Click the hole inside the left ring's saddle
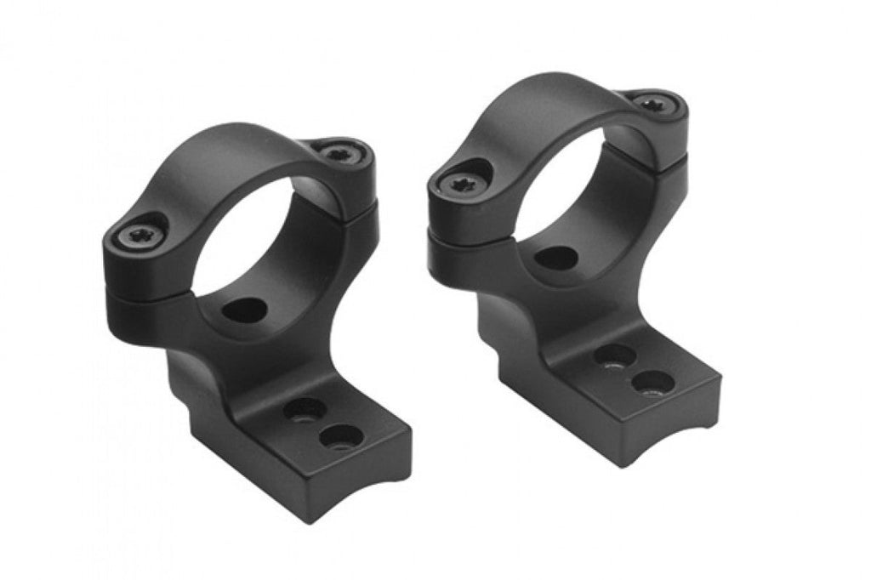tap(243, 310)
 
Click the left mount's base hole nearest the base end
tap(342, 437)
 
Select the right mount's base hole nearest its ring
tap(614, 355)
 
